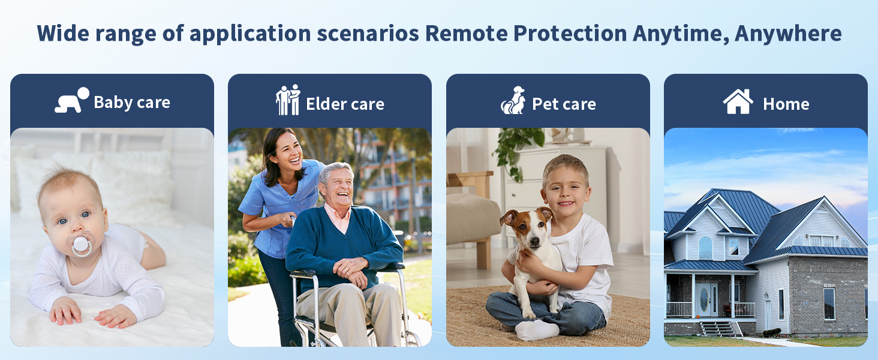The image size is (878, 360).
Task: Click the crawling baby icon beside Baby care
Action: [x=72, y=100]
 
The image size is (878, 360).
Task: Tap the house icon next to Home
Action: [x=738, y=101]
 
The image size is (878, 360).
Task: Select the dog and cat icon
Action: [x=513, y=100]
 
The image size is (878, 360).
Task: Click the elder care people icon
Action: [x=288, y=100]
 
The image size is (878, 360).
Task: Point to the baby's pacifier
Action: [x=81, y=244]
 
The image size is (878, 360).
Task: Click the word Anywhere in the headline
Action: [x=788, y=34]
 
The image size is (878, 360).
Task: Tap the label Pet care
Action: [x=564, y=104]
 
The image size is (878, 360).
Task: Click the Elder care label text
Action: [x=345, y=104]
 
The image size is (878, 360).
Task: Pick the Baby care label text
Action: [x=132, y=103]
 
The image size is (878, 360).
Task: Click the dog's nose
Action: [x=534, y=244]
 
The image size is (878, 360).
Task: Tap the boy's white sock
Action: [x=536, y=330]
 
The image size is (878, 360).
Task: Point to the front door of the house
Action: [x=704, y=300]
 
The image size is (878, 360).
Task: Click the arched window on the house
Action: [x=705, y=248]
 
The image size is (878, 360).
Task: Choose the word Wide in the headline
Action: [x=63, y=34]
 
